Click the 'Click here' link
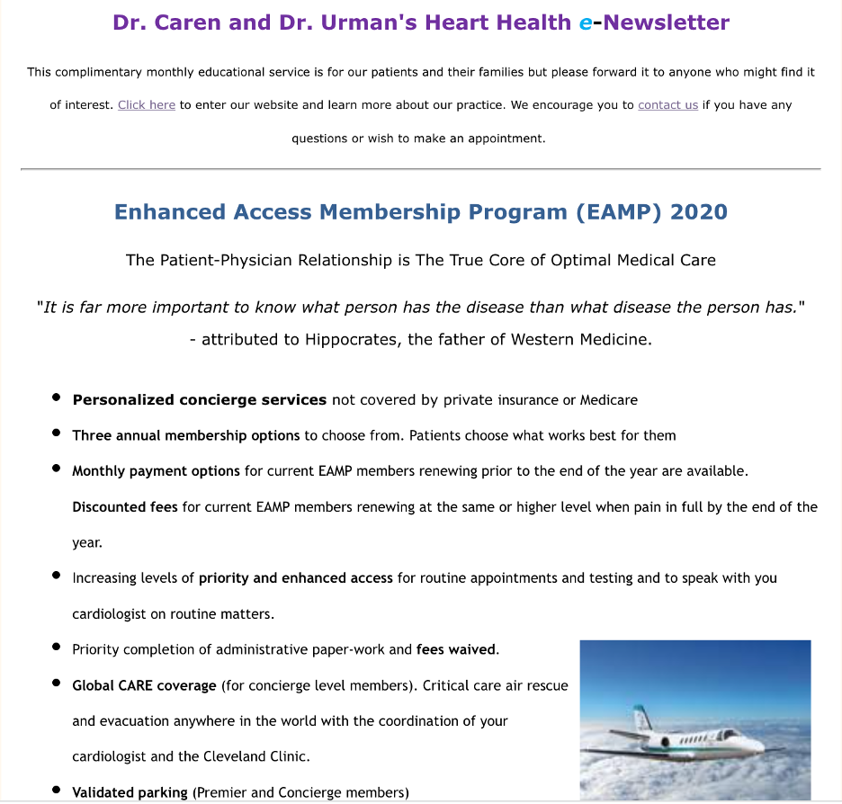coord(146,105)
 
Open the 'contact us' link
coord(667,105)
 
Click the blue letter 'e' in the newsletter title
coord(586,22)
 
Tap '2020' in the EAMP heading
coord(699,212)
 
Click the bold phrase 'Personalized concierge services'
coord(199,399)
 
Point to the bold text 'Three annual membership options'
coord(186,435)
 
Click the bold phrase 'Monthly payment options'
coord(156,470)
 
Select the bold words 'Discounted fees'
coord(125,506)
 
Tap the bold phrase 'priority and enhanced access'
coord(296,577)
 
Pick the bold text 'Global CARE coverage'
coord(144,685)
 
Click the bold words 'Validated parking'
coord(130,792)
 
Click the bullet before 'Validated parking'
coord(56,791)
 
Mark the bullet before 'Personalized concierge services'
coord(56,398)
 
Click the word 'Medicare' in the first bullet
coord(609,399)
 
